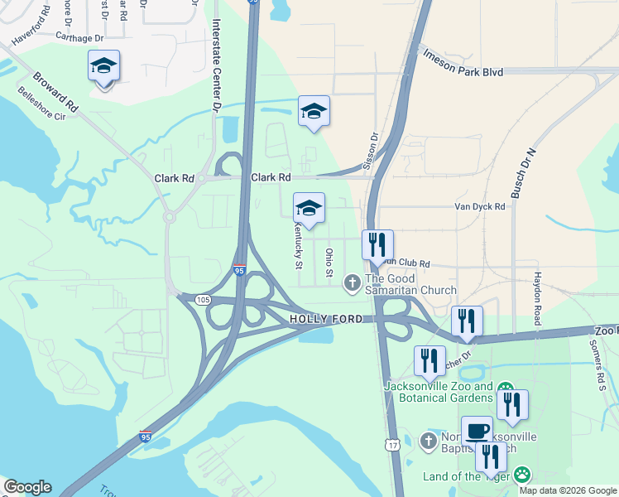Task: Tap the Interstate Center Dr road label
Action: [x=217, y=66]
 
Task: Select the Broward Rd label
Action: [x=55, y=93]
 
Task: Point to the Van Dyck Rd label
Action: [x=479, y=207]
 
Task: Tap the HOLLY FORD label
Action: [x=326, y=319]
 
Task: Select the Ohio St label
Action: [x=329, y=263]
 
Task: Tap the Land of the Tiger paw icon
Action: [x=522, y=475]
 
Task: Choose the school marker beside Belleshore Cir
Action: [x=104, y=65]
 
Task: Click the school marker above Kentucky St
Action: [x=309, y=208]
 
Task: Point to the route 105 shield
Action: [x=203, y=300]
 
